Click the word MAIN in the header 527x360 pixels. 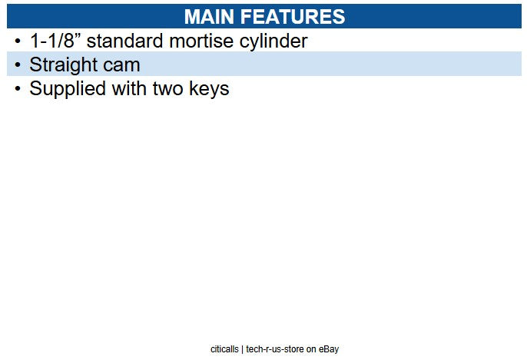click(209, 16)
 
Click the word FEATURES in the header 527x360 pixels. click(293, 16)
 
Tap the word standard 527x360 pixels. click(125, 41)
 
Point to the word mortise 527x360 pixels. click(201, 41)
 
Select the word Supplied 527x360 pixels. click(68, 89)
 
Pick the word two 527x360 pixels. click(168, 89)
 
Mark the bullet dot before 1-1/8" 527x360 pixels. click(18, 41)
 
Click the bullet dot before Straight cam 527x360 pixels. click(18, 64)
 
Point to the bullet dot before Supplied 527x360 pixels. click(18, 89)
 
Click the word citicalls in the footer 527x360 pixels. click(224, 349)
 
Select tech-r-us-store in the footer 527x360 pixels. click(275, 349)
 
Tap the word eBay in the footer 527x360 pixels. click(329, 349)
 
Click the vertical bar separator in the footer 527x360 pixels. click(242, 349)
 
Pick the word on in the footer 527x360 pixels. click(311, 350)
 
